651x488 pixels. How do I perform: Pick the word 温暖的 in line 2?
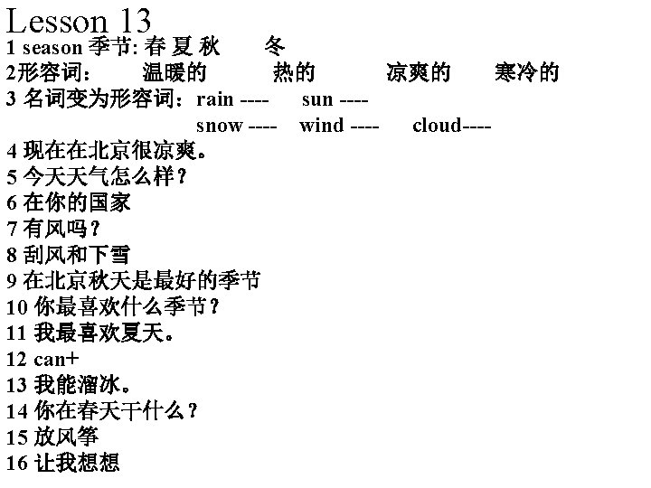click(175, 72)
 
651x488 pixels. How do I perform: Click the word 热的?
click(294, 72)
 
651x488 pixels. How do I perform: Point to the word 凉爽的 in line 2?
click(418, 72)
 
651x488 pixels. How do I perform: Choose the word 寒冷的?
click(526, 72)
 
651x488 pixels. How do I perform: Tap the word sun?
click(317, 99)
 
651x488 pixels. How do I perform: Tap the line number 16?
click(15, 464)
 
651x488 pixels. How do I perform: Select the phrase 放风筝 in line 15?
click(66, 437)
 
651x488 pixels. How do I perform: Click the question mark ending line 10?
click(213, 307)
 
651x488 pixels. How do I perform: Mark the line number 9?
click(11, 281)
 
